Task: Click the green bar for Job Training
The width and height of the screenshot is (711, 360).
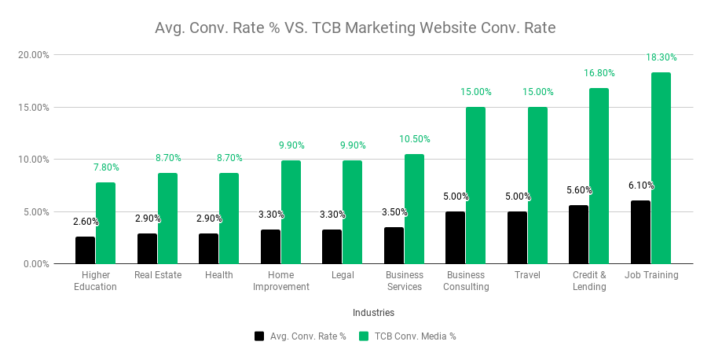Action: pos(661,167)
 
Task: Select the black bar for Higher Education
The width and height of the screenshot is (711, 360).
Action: pos(86,250)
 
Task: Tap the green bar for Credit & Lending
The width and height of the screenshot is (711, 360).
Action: pos(599,175)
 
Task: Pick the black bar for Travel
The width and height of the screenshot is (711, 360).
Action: pos(517,237)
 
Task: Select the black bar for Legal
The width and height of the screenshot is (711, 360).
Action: pos(332,246)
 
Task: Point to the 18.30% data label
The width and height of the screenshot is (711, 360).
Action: pos(662,57)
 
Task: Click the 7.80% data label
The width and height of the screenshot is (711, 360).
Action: pos(107,167)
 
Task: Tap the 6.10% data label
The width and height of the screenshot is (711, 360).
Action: pos(641,186)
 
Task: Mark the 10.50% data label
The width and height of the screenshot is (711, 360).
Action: pos(414,139)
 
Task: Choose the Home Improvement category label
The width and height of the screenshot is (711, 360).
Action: pos(280,281)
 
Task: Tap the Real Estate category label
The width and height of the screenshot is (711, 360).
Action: pos(158,275)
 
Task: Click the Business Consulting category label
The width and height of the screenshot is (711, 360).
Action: pos(466,281)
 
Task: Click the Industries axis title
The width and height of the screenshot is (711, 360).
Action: pos(373,313)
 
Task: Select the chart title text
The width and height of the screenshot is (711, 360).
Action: pos(355,29)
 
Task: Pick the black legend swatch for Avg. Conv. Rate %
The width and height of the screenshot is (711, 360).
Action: pos(259,336)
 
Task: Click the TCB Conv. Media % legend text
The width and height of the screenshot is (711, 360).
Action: pos(415,336)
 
